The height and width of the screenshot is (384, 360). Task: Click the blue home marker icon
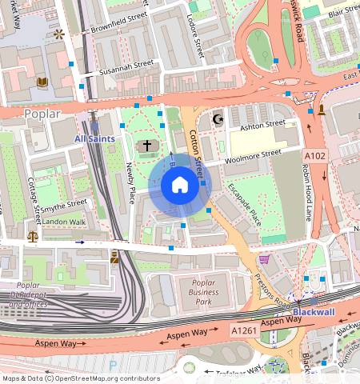tap(180, 186)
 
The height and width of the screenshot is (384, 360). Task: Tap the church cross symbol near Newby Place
tap(146, 146)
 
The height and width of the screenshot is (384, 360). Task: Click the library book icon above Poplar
tap(42, 82)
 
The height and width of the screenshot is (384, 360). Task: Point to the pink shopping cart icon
tap(264, 259)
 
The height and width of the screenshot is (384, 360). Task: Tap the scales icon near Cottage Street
tap(32, 236)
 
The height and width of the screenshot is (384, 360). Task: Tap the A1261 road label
tap(245, 330)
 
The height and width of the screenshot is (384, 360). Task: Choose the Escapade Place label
tap(244, 204)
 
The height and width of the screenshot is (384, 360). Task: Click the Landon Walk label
tap(63, 222)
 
